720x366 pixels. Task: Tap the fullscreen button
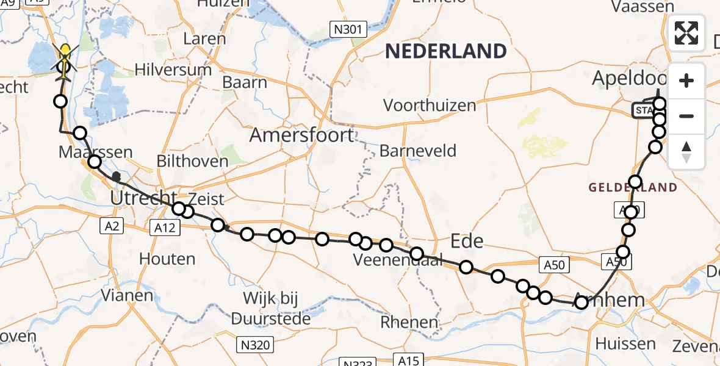click(686, 33)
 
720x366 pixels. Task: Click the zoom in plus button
click(686, 81)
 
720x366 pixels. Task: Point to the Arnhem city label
click(616, 300)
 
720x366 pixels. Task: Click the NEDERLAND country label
click(446, 51)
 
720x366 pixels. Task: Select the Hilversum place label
click(173, 69)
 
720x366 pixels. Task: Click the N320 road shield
click(254, 345)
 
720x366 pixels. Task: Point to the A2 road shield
click(111, 226)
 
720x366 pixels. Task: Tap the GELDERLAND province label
click(633, 187)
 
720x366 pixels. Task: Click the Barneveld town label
click(418, 151)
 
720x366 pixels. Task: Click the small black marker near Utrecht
click(117, 177)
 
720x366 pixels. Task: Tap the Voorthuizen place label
click(430, 106)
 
